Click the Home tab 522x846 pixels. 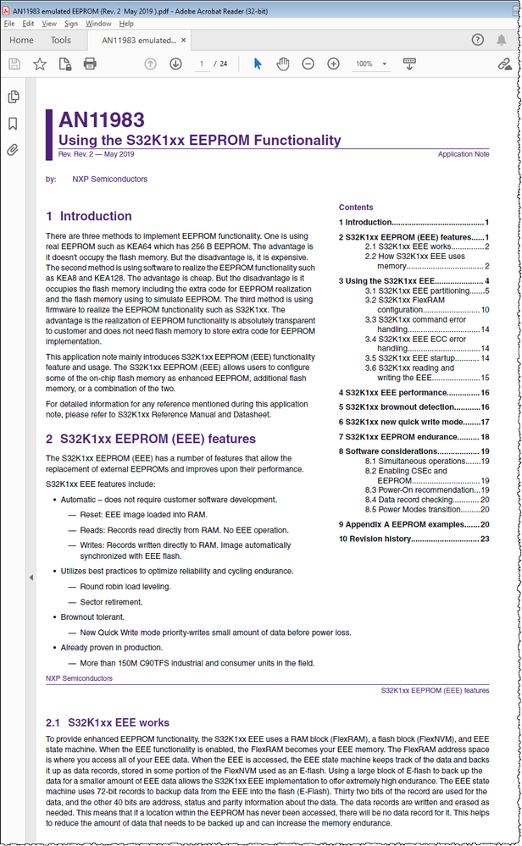21,40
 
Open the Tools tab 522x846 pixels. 60,40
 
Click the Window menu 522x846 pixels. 98,24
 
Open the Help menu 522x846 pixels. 126,24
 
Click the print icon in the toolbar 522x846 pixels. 90,64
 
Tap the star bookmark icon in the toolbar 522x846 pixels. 40,64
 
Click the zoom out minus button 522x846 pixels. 308,64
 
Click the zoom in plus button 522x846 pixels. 334,64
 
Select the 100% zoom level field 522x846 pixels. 365,64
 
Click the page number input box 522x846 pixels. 202,64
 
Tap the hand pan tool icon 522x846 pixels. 284,64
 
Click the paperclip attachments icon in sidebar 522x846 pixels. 13,151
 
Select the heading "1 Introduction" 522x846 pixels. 89,216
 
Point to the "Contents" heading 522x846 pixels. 356,207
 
